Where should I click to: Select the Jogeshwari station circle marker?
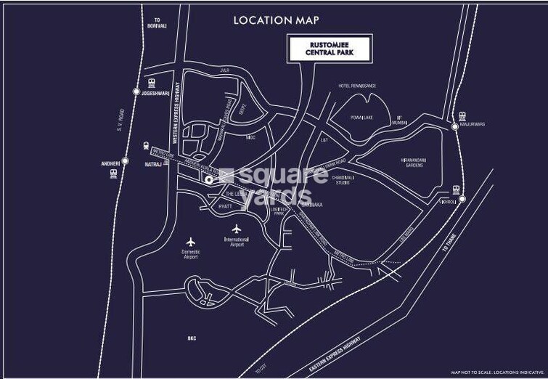point(136,91)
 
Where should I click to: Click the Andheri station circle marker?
point(125,161)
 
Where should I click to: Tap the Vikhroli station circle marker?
point(458,201)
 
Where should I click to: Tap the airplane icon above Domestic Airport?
point(191,241)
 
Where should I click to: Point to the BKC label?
point(192,338)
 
